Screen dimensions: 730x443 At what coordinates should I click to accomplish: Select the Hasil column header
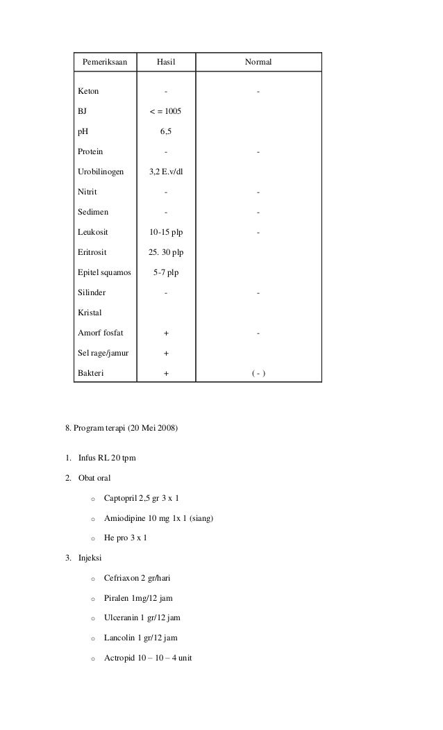point(166,63)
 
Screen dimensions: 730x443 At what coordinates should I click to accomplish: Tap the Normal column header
point(258,63)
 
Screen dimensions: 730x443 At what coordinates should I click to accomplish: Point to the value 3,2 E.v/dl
point(166,172)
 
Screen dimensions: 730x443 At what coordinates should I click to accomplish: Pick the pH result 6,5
point(166,131)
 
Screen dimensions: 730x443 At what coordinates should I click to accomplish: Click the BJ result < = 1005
point(166,111)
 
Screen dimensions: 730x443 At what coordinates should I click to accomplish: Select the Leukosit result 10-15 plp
point(166,232)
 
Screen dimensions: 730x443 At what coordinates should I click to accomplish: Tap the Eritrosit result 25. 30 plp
point(166,252)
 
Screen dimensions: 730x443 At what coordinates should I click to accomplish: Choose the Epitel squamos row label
point(104,272)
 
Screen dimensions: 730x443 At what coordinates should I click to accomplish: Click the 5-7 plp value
point(166,272)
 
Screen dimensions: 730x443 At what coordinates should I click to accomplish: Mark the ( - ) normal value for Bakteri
point(258,374)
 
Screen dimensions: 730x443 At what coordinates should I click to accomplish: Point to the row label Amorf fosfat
point(101,333)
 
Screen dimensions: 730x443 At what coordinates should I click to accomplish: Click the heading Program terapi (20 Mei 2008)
point(122,429)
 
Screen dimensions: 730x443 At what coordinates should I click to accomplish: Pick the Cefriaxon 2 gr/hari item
point(137,577)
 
